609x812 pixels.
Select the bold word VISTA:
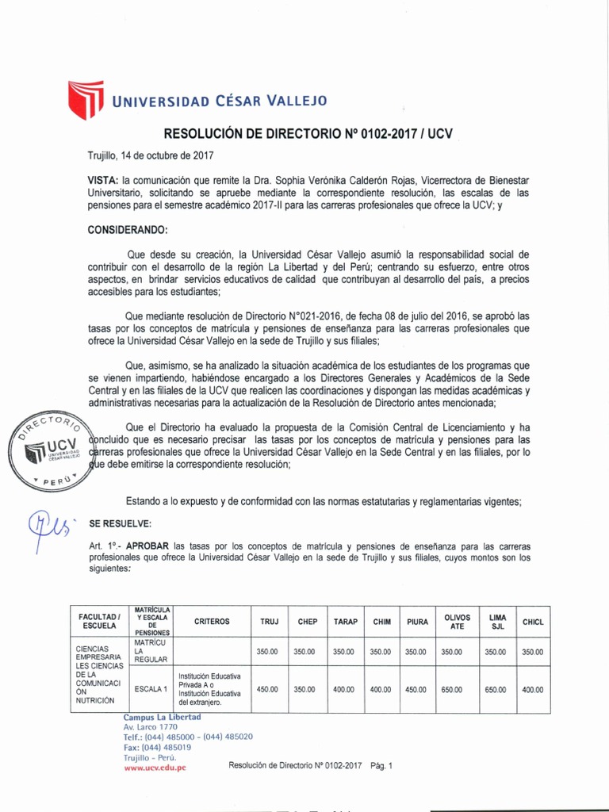point(102,181)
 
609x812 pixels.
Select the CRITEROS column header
point(212,622)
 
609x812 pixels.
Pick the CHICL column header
point(533,622)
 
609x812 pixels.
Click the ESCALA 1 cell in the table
point(151,689)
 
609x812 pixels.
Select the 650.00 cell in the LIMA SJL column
point(495,689)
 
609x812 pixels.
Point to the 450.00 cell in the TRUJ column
point(267,689)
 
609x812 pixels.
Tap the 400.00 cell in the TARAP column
point(343,689)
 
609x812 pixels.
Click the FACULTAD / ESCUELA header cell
point(98,622)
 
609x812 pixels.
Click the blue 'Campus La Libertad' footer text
point(163,717)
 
